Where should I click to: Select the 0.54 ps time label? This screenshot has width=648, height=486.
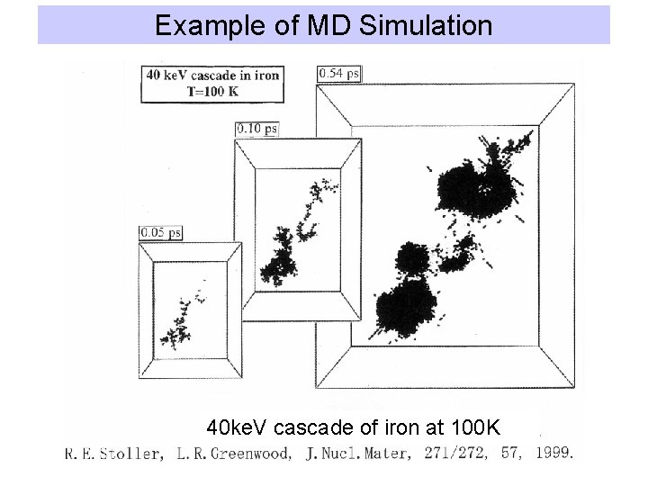tap(339, 73)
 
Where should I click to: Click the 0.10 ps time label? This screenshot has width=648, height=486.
tap(256, 129)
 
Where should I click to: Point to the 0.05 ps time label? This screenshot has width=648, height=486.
tap(160, 232)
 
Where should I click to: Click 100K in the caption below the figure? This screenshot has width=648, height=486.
tap(490, 424)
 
